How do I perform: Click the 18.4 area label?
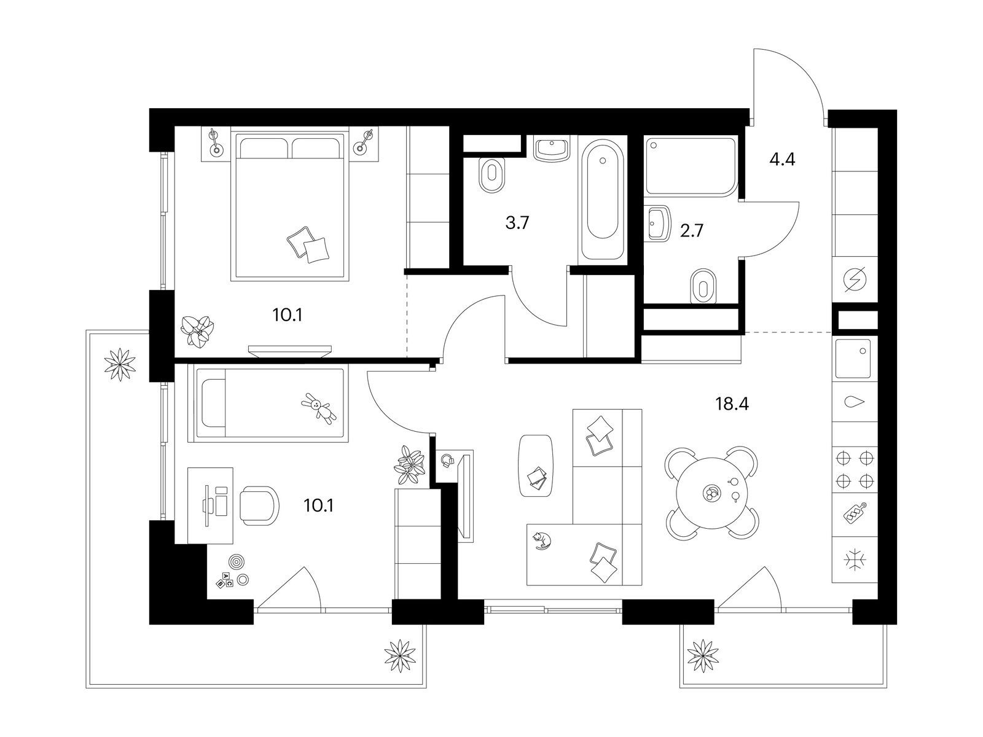point(732,404)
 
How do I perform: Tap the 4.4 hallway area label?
point(782,159)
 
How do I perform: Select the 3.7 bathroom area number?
point(517,222)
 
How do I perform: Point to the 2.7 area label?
point(692,230)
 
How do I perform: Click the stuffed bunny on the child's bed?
point(319,408)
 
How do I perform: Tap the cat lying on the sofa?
point(541,540)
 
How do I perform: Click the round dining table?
point(712,493)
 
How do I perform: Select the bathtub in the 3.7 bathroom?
point(602,200)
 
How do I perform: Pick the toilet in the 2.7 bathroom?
point(703,285)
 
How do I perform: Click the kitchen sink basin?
point(853,359)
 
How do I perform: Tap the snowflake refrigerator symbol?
point(855,560)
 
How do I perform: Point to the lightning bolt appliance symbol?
point(855,279)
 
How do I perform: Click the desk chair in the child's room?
point(259,505)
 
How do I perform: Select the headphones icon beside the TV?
point(448,460)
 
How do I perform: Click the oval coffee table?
point(536,466)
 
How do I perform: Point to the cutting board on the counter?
point(855,513)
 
